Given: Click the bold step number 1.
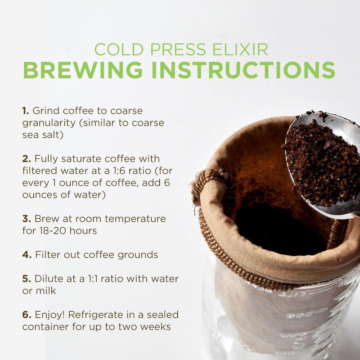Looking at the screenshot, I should click(x=25, y=111).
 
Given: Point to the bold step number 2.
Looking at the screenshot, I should click(x=26, y=159).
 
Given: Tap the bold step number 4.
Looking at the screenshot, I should click(x=26, y=255).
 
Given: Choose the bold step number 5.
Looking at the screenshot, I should click(x=26, y=279).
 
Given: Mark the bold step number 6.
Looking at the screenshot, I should click(x=26, y=315).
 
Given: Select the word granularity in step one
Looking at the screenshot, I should click(x=49, y=123).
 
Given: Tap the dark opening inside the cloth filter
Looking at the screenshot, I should click(x=279, y=229).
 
